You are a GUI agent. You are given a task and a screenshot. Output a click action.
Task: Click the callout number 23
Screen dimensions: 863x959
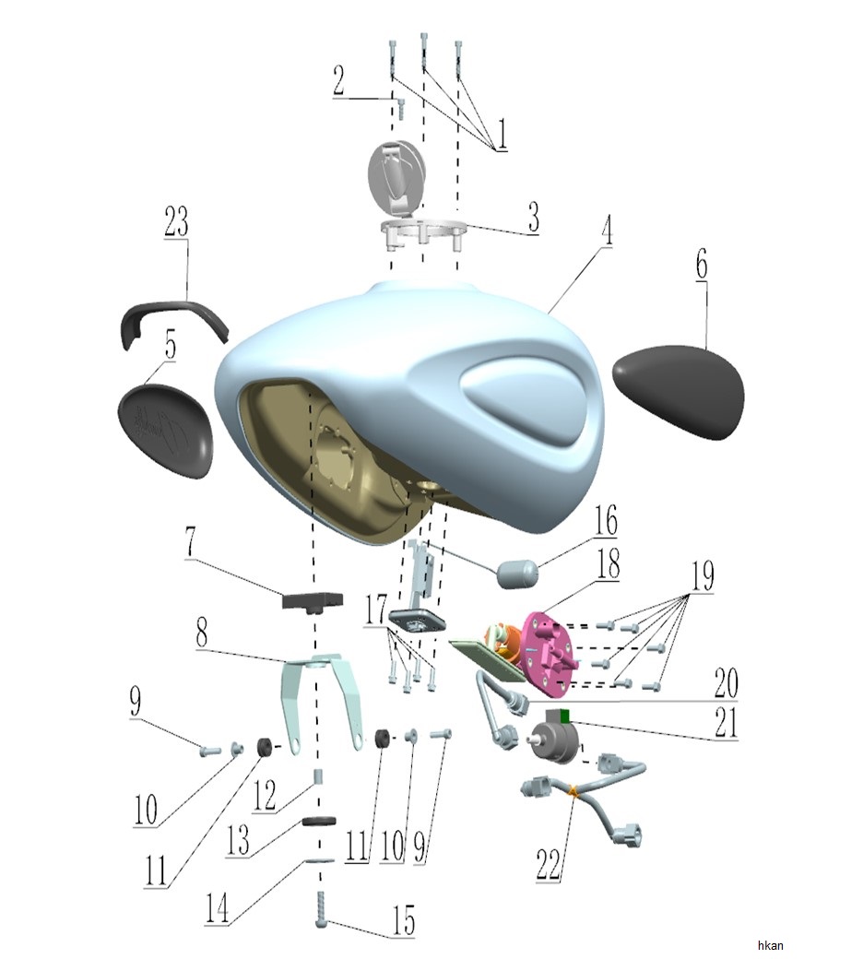[176, 221]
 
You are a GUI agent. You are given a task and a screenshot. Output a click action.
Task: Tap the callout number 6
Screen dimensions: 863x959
[702, 265]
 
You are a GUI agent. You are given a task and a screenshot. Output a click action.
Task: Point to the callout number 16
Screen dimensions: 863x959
[606, 520]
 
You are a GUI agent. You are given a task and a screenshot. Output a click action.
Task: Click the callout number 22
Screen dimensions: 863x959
[548, 864]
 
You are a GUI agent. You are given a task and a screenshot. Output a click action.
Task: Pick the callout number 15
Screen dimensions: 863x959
[404, 920]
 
